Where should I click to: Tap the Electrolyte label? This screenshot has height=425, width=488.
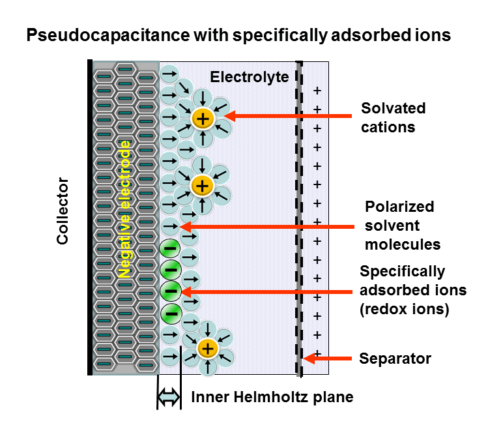click(x=249, y=77)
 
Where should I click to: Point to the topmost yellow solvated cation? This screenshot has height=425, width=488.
click(x=203, y=118)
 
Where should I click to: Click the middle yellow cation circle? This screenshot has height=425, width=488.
click(x=203, y=186)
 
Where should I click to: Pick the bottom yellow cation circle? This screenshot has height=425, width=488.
click(x=207, y=349)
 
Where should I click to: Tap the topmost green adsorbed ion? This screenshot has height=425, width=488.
click(x=169, y=248)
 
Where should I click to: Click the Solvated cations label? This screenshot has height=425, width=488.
click(x=393, y=117)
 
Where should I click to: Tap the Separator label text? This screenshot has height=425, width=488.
click(x=395, y=359)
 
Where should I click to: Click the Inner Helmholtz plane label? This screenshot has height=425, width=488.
click(x=272, y=397)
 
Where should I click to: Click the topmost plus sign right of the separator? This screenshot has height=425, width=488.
click(x=317, y=90)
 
